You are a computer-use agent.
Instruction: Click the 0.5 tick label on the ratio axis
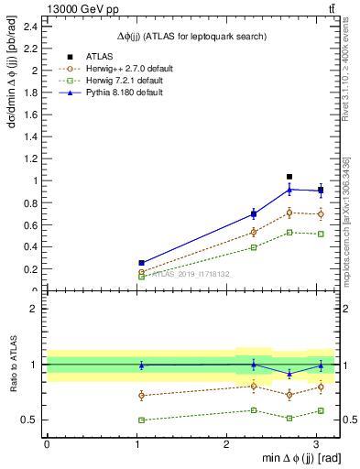coord(30,420)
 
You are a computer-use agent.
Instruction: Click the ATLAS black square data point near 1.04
coord(289,177)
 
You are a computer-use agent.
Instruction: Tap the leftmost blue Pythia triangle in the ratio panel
coord(141,365)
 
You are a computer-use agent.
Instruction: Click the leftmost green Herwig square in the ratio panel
coord(141,420)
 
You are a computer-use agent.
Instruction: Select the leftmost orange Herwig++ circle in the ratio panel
coord(141,396)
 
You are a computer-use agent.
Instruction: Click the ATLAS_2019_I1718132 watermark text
coord(190,274)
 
